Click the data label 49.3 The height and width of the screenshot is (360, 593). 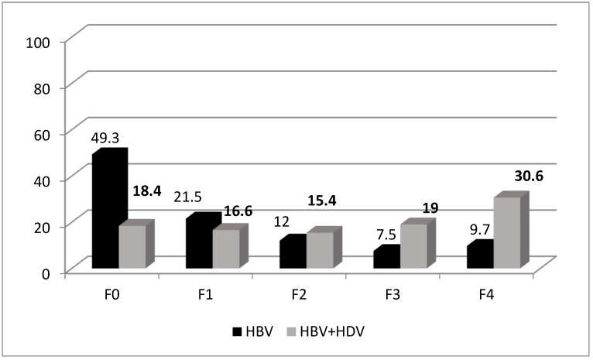click(x=105, y=138)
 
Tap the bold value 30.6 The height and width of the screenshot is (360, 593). click(x=529, y=177)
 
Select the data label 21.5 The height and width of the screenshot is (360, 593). click(x=187, y=197)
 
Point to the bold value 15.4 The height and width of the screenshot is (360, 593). click(x=322, y=201)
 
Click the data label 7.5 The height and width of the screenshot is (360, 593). click(x=386, y=235)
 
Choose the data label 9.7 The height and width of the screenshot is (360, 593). click(x=479, y=229)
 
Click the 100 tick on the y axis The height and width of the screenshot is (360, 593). click(x=38, y=43)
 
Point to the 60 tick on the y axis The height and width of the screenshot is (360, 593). click(x=42, y=135)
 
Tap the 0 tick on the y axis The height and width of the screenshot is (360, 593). click(x=46, y=273)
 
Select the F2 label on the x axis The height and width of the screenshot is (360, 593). click(x=299, y=294)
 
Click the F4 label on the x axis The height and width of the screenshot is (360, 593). click(x=486, y=294)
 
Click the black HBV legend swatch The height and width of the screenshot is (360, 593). click(x=237, y=331)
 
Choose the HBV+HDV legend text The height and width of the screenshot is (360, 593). click(x=332, y=331)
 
